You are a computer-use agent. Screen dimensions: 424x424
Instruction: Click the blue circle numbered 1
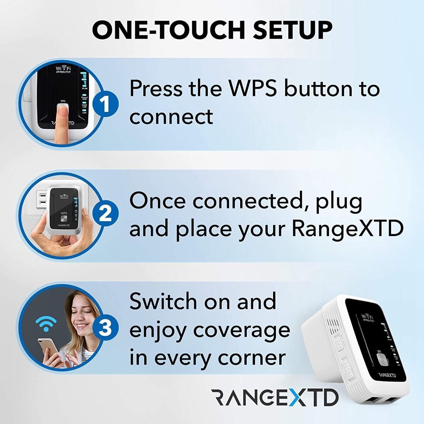tap(106, 104)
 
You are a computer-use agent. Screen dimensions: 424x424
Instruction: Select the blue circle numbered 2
tap(106, 213)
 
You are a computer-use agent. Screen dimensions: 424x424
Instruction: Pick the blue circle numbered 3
tap(106, 327)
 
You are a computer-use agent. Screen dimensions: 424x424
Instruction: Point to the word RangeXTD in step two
tap(347, 229)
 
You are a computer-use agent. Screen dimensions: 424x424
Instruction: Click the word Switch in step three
tap(163, 301)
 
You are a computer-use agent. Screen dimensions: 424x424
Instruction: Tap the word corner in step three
tap(252, 358)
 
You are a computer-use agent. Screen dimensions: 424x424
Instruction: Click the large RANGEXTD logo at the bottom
tap(275, 398)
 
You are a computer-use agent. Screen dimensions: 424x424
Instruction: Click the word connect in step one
tap(171, 117)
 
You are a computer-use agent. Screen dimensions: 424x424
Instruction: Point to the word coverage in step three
tap(241, 330)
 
